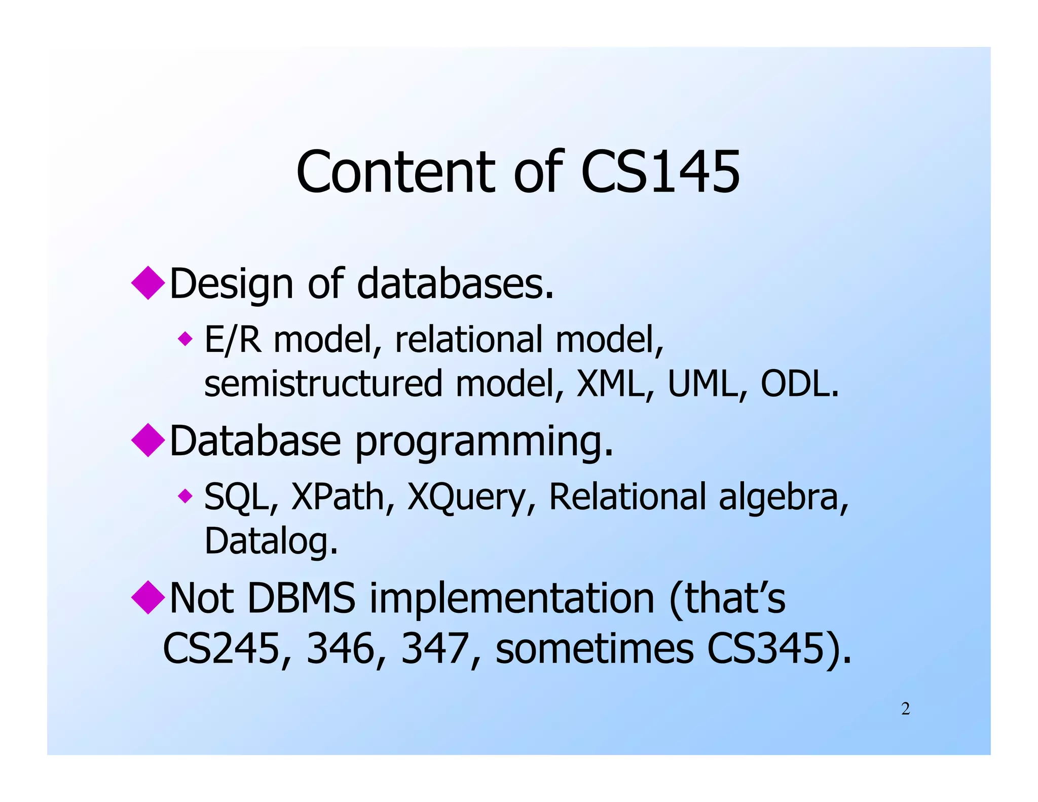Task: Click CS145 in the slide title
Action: [660, 172]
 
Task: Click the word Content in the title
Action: [395, 172]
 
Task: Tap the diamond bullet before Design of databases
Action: [148, 283]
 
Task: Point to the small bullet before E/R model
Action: [186, 339]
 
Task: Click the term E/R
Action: [233, 340]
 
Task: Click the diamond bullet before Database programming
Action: [148, 440]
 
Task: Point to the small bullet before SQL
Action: [186, 496]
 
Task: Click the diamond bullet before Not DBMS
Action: [148, 598]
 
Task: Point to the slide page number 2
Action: [905, 709]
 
